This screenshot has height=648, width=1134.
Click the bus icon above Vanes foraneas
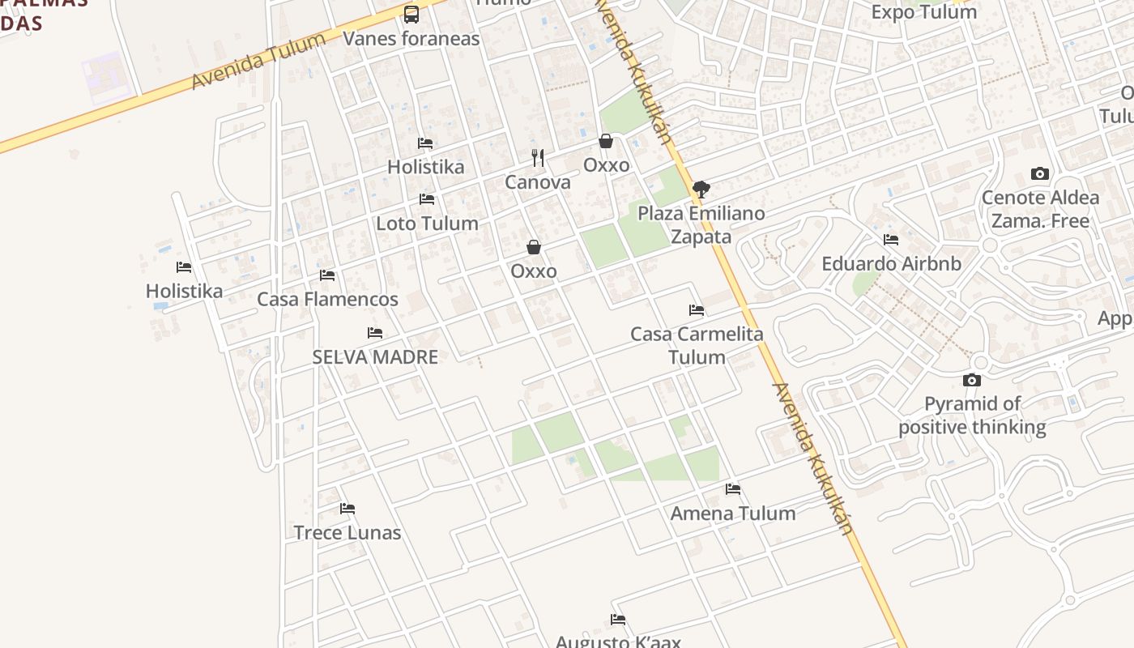click(411, 14)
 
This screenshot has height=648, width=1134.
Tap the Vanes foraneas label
click(411, 39)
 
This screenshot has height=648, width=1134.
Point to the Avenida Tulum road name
click(258, 61)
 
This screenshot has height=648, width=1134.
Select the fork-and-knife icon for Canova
click(538, 157)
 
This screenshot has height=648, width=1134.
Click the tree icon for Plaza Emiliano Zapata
click(701, 190)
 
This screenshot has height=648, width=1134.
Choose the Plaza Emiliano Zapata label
click(701, 225)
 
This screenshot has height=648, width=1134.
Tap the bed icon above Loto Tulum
click(427, 199)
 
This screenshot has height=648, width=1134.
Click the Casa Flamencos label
click(327, 300)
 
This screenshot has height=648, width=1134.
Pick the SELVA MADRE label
click(375, 357)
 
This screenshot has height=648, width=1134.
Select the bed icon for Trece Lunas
click(347, 509)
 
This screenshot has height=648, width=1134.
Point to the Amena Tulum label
click(733, 514)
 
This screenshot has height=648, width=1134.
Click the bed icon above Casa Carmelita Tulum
click(697, 310)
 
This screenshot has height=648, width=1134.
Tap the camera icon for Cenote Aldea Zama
click(1040, 173)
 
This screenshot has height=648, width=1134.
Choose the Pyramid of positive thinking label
click(972, 416)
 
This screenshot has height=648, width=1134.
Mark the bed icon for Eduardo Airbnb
click(891, 240)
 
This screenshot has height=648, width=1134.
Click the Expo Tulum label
click(923, 12)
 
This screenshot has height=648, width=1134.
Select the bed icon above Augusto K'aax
click(618, 620)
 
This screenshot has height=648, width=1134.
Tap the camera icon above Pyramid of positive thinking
click(972, 380)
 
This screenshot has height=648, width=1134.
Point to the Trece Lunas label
click(347, 533)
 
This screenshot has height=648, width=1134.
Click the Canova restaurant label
click(538, 182)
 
